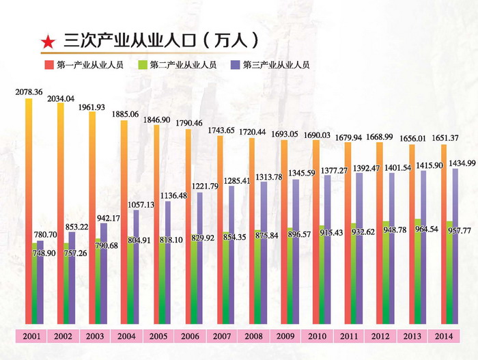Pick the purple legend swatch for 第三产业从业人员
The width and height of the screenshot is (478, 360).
[234, 66]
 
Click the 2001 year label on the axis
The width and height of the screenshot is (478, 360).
[31, 336]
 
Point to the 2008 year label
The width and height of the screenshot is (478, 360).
[254, 336]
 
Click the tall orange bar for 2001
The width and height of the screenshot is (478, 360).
[28, 212]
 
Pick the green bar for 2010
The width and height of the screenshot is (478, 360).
[321, 273]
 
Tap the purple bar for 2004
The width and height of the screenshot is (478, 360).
[136, 266]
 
